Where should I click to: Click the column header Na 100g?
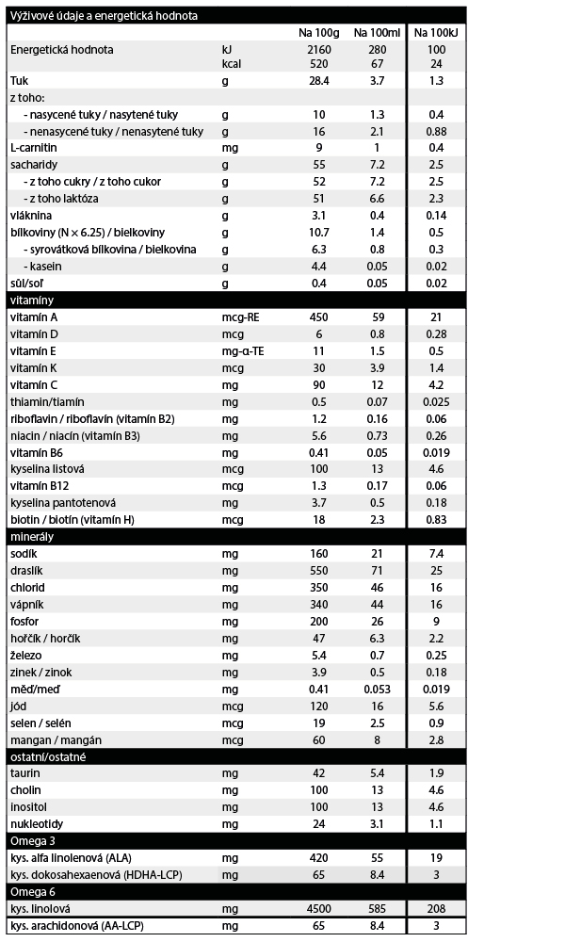(318, 32)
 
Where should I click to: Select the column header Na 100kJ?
(436, 32)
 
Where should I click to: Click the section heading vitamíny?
(30, 300)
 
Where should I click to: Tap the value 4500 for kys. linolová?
(318, 909)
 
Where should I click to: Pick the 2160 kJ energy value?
(318, 49)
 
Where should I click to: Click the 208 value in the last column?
(436, 909)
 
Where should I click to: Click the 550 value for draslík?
(318, 571)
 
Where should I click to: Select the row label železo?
(25, 655)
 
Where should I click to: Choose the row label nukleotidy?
(37, 823)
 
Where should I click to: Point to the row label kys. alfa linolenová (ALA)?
(72, 858)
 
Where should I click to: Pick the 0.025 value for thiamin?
(436, 401)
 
